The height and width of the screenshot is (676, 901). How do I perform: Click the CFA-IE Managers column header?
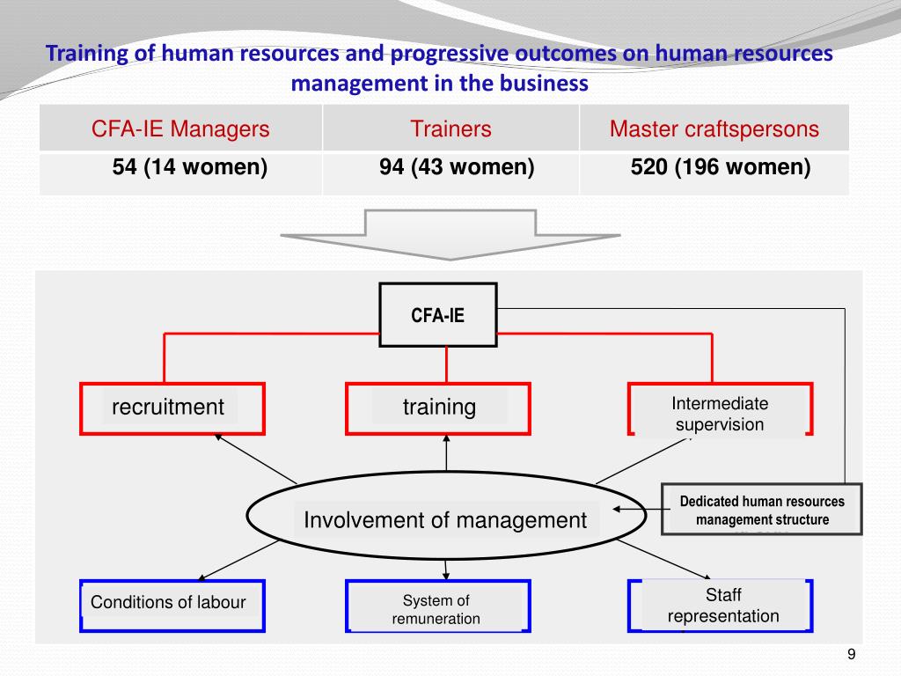(x=180, y=129)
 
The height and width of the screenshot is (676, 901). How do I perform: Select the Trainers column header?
(x=450, y=129)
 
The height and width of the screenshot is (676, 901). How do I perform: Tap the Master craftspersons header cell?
(x=714, y=129)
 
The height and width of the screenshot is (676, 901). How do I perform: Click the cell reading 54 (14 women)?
(x=189, y=167)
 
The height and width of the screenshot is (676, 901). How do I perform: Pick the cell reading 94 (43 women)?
(x=450, y=167)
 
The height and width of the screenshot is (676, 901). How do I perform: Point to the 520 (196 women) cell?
(x=720, y=167)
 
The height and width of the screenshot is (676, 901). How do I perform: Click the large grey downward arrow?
(x=450, y=234)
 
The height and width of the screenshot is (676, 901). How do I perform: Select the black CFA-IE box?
(x=437, y=314)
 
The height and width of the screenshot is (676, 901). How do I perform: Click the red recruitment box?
(x=172, y=408)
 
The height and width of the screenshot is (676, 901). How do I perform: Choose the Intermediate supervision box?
(x=720, y=415)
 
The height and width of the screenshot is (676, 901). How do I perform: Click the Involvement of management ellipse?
(x=444, y=520)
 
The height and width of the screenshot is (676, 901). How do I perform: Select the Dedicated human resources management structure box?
(x=761, y=510)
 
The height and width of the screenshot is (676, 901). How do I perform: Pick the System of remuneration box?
(x=436, y=608)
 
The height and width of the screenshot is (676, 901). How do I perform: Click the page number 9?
(x=851, y=653)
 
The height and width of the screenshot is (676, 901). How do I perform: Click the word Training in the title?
(x=87, y=54)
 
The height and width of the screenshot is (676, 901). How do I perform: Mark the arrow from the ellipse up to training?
(x=446, y=457)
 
